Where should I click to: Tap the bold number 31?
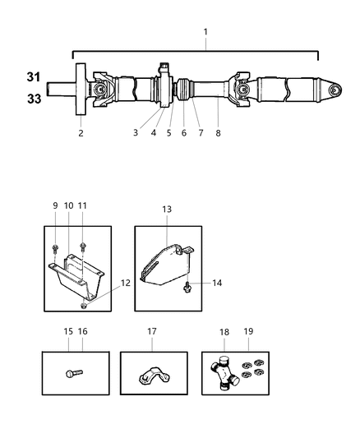(x=30, y=77)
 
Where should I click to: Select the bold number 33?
(x=30, y=99)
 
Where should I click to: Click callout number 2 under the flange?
(x=81, y=131)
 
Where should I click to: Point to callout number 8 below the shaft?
(x=218, y=131)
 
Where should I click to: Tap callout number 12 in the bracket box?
(x=125, y=282)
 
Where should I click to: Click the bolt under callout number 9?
(x=54, y=247)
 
